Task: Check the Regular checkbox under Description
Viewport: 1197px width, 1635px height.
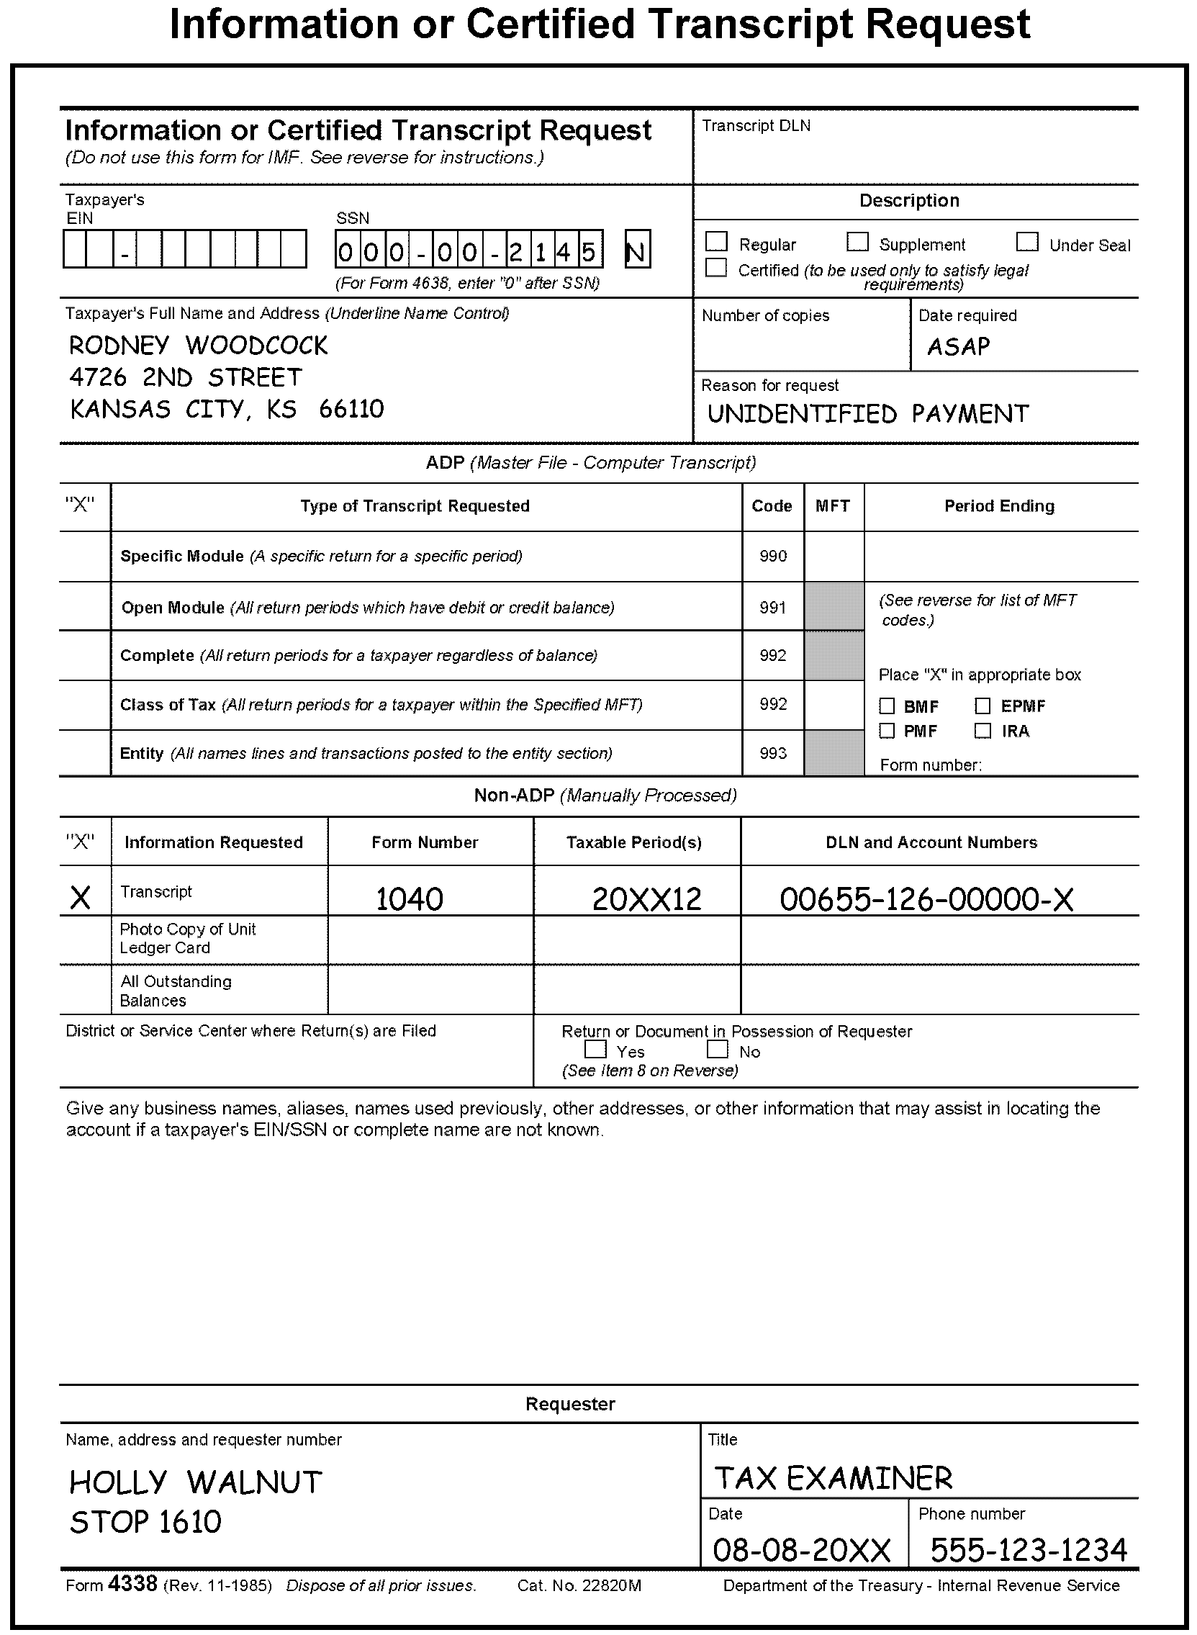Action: coord(717,242)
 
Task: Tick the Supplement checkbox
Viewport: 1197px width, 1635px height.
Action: coord(857,242)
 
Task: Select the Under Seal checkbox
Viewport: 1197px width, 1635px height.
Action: coord(1026,242)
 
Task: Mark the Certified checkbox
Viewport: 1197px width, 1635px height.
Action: coord(716,268)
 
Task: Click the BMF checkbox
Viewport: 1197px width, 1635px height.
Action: coord(887,706)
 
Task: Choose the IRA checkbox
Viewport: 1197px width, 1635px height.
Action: coord(983,731)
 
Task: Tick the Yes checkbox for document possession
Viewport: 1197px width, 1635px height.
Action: coord(595,1050)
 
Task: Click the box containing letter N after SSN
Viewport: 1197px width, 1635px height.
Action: coord(637,250)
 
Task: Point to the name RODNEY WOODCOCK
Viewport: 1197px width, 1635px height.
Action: coord(198,346)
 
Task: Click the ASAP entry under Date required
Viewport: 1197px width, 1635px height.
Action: coord(958,347)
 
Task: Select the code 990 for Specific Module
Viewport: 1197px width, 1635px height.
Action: coord(772,557)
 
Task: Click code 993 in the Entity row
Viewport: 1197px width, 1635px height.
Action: coord(772,753)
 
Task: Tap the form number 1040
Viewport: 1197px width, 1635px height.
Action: coord(410,899)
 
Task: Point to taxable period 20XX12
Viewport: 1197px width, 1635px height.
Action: coord(646,899)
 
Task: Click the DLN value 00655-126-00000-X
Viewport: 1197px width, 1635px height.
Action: coord(926,899)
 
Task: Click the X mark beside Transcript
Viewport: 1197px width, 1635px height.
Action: coord(81,898)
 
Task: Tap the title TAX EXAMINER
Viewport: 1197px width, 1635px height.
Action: coord(834,1479)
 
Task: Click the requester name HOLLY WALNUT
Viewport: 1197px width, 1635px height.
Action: coord(196,1483)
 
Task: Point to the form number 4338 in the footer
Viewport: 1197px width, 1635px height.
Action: coord(132,1585)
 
